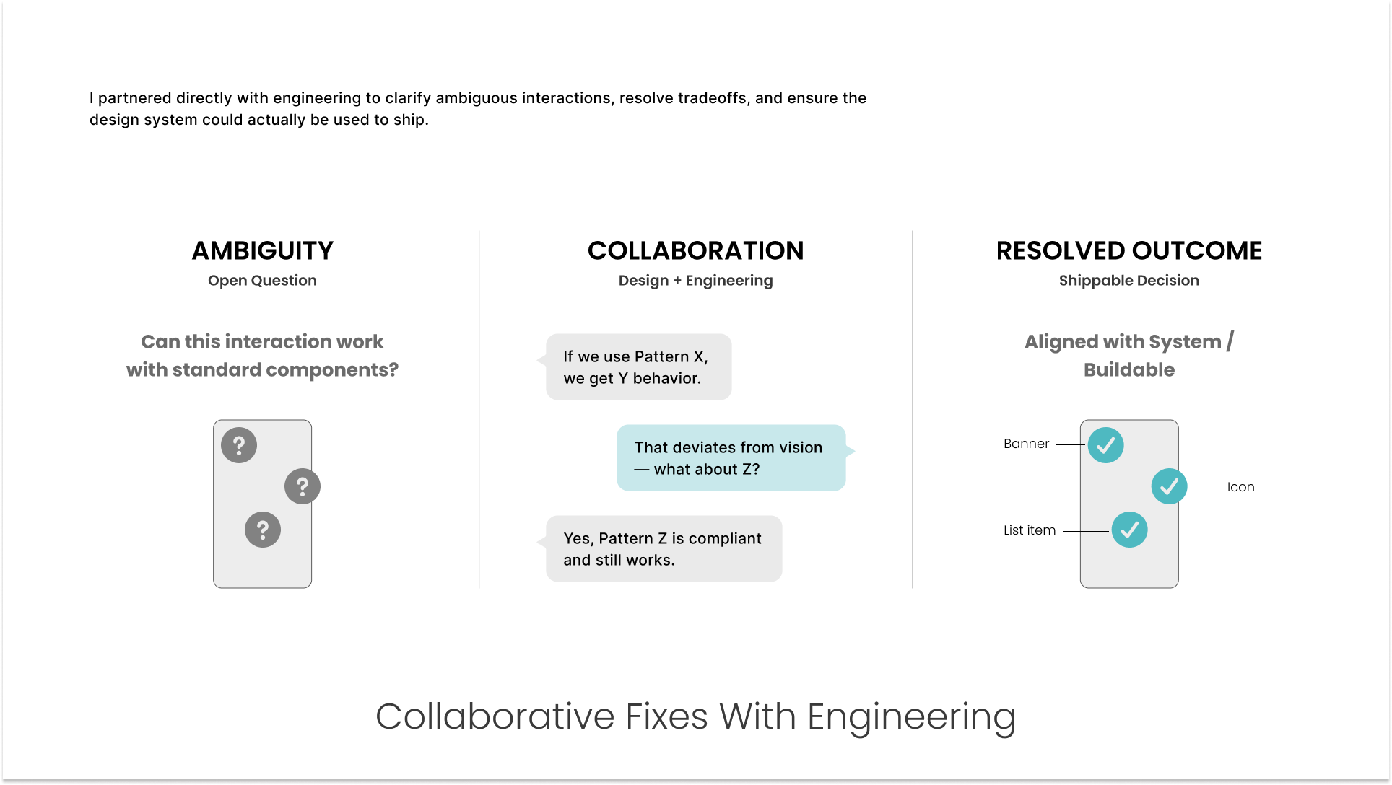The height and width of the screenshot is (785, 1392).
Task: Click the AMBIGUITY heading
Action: (x=262, y=250)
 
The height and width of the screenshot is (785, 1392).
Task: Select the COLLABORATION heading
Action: (x=695, y=250)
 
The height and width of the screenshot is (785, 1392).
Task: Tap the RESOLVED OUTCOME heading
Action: (x=1128, y=250)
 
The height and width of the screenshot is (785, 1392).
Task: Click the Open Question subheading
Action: (x=262, y=281)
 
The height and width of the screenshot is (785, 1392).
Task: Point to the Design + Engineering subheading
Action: (x=695, y=281)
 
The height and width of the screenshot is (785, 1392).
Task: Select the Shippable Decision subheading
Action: (x=1128, y=281)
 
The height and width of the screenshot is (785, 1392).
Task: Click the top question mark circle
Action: (x=239, y=445)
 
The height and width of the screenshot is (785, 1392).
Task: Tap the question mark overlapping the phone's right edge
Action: (x=303, y=487)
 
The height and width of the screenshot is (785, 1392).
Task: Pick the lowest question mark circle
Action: (x=263, y=530)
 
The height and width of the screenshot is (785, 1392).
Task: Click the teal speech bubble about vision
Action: (x=731, y=458)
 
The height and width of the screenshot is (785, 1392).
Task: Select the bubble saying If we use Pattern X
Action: (x=638, y=367)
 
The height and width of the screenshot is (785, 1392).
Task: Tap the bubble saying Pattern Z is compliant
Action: (x=664, y=549)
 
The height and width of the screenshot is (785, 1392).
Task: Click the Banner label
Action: (x=1026, y=444)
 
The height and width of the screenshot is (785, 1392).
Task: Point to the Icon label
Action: (x=1240, y=487)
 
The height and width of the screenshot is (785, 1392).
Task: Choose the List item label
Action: (x=1029, y=530)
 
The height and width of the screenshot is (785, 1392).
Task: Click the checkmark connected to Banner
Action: (x=1105, y=445)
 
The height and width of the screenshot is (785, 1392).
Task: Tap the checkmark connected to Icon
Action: (x=1169, y=487)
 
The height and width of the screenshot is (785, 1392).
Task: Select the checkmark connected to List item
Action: (x=1129, y=530)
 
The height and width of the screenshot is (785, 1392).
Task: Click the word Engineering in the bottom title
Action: (x=911, y=718)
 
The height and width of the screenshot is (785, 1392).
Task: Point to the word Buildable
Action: (x=1128, y=370)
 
